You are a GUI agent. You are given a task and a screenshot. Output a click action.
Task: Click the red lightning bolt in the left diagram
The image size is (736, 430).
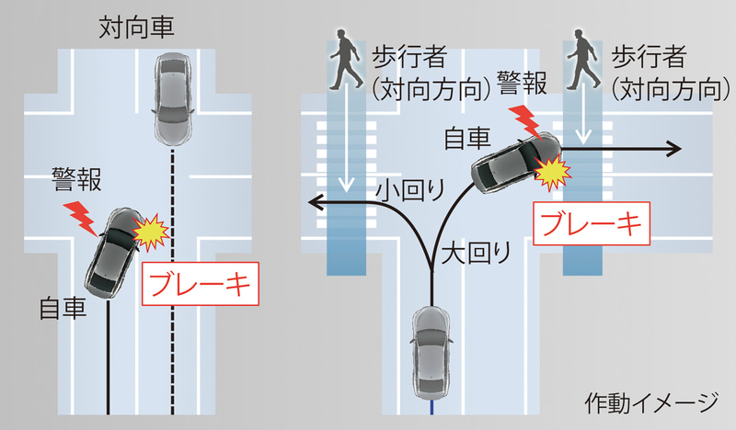point(81,217)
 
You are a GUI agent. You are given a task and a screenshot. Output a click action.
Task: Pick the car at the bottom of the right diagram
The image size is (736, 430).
point(431,349)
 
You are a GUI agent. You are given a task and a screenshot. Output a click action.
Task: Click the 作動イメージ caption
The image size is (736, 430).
point(650,401)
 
